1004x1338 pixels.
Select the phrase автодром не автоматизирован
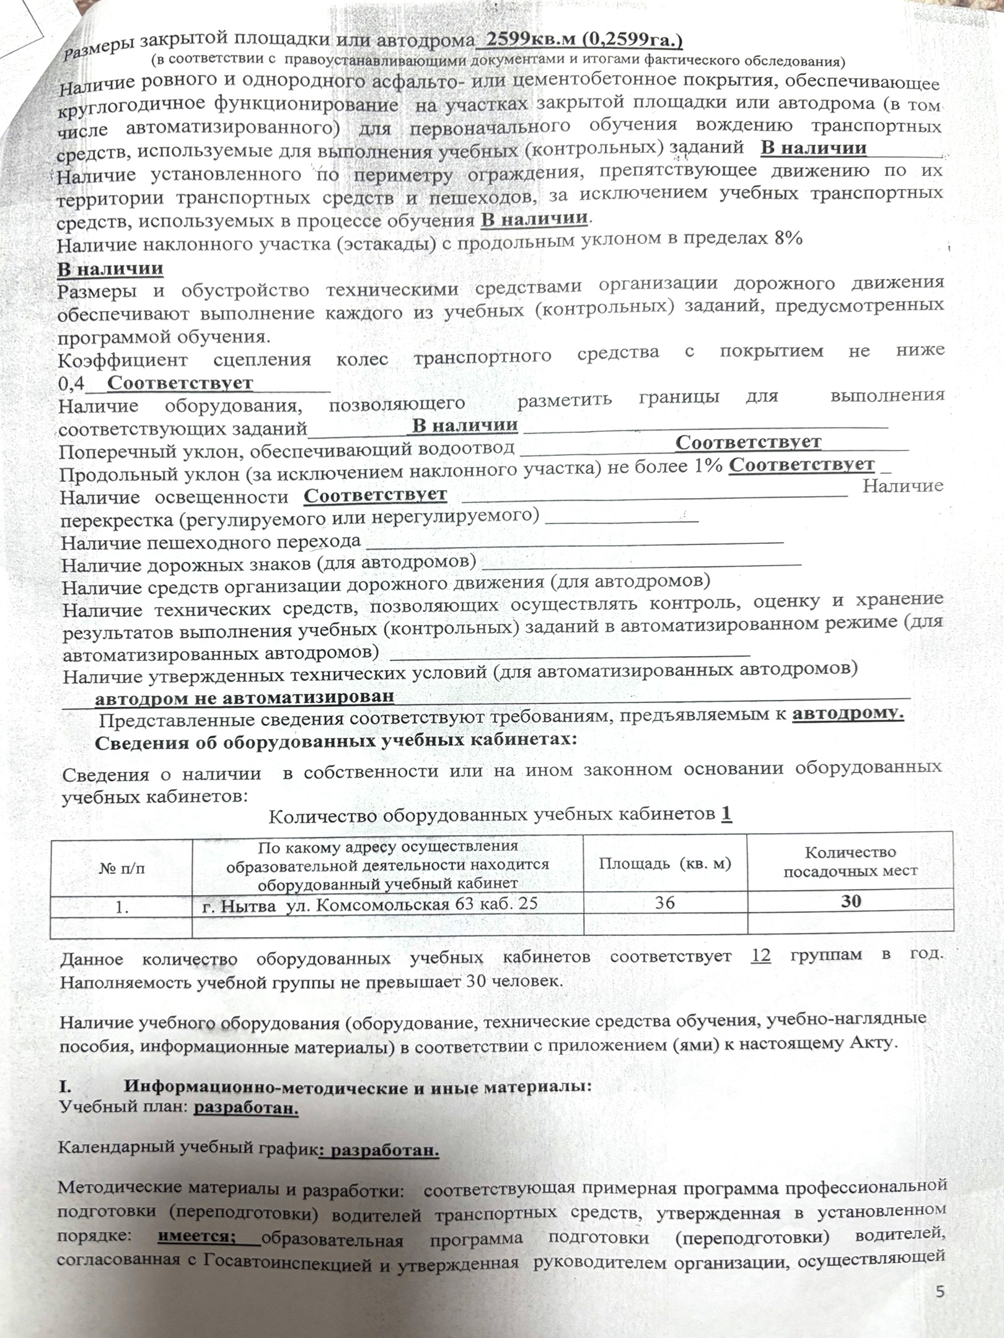click(244, 697)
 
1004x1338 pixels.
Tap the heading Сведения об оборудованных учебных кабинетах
click(335, 741)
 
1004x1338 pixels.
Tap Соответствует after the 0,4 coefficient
click(180, 383)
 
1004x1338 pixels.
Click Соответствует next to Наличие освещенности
click(375, 495)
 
